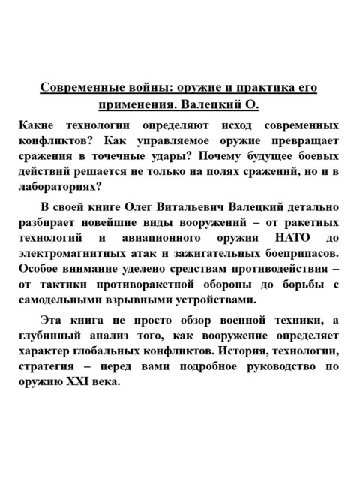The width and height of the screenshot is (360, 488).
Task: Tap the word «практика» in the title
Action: tap(263, 88)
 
